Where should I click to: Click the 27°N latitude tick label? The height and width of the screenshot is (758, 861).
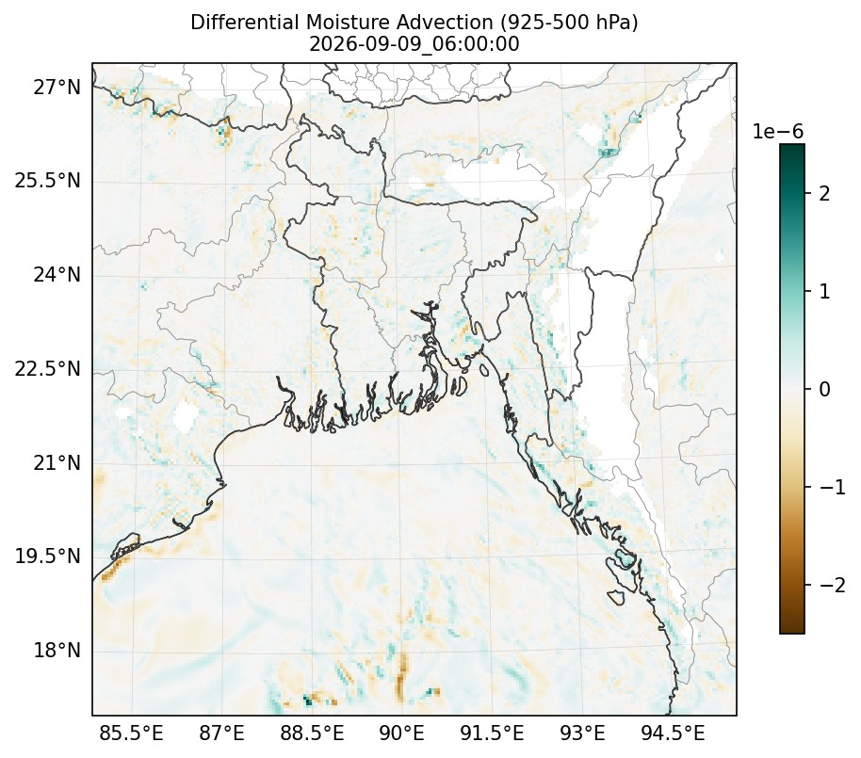(57, 88)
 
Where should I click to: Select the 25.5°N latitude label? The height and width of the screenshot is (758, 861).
(48, 181)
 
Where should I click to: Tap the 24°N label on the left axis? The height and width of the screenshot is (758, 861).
(57, 274)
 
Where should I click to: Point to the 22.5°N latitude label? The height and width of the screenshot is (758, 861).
(48, 368)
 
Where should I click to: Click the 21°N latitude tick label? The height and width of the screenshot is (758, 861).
(57, 462)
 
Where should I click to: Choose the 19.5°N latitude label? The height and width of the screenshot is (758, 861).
(48, 556)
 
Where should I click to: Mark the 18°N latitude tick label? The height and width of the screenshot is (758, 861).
(57, 651)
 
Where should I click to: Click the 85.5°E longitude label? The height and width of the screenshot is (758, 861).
(131, 733)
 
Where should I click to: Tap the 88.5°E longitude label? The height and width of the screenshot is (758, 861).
(312, 733)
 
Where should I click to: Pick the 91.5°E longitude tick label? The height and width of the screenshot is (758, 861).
(492, 733)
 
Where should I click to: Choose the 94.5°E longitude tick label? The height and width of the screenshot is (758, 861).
(673, 733)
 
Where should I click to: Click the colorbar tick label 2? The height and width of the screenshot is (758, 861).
(824, 193)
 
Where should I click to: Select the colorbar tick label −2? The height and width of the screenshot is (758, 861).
(833, 585)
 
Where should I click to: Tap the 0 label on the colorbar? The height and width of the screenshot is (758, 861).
(824, 389)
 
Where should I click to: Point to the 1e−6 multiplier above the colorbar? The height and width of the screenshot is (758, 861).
(777, 132)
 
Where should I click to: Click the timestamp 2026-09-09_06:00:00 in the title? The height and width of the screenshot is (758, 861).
(414, 44)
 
